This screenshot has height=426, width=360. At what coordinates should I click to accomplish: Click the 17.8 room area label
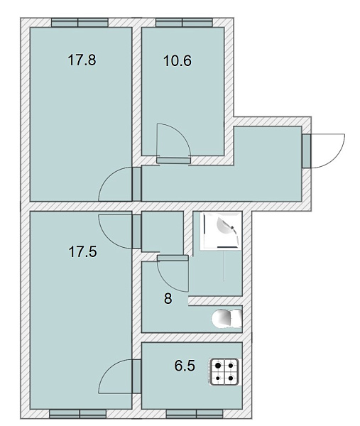pyautogui.click(x=82, y=60)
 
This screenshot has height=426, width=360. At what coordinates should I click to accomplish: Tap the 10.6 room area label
pyautogui.click(x=178, y=60)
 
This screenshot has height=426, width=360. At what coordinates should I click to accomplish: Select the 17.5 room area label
pyautogui.click(x=82, y=251)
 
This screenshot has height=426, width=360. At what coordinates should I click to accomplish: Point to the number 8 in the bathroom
pyautogui.click(x=168, y=299)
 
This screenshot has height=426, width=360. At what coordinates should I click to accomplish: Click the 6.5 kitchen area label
pyautogui.click(x=185, y=366)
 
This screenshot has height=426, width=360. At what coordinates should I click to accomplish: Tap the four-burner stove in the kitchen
pyautogui.click(x=224, y=371)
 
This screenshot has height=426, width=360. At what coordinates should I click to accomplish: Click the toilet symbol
pyautogui.click(x=227, y=318)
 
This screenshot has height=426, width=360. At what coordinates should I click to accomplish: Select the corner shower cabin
pyautogui.click(x=220, y=231)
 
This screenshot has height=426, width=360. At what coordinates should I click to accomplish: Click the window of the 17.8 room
pyautogui.click(x=80, y=22)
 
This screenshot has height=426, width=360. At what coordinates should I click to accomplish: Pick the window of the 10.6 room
pyautogui.click(x=184, y=22)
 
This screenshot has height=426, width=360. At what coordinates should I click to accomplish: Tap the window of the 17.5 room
pyautogui.click(x=77, y=414)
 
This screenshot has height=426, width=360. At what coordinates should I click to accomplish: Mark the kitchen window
pyautogui.click(x=195, y=414)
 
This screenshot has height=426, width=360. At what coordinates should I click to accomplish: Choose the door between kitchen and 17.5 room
pyautogui.click(x=120, y=376)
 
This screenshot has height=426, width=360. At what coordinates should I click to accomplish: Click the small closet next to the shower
pyautogui.click(x=163, y=232)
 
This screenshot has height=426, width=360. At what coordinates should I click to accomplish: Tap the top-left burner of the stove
pyautogui.click(x=218, y=366)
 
